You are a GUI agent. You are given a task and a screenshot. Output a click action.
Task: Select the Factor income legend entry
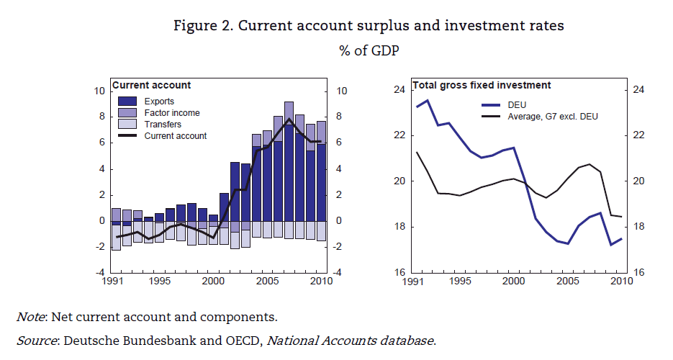pyautogui.click(x=171, y=113)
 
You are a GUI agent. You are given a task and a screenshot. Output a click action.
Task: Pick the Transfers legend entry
pyautogui.click(x=162, y=125)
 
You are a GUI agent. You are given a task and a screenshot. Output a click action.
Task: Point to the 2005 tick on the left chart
pyautogui.click(x=267, y=281)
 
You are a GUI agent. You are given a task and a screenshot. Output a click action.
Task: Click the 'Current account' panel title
pyautogui.click(x=151, y=85)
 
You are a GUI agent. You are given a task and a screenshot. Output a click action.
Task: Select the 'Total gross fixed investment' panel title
pyautogui.click(x=482, y=85)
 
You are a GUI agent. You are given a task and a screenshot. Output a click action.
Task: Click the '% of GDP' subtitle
pyautogui.click(x=369, y=51)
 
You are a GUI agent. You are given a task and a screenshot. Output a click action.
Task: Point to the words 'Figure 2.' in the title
pyautogui.click(x=203, y=26)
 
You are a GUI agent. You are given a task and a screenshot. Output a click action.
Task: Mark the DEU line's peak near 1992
pyautogui.click(x=428, y=100)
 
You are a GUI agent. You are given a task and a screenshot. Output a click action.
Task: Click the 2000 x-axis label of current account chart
pyautogui.click(x=213, y=281)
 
